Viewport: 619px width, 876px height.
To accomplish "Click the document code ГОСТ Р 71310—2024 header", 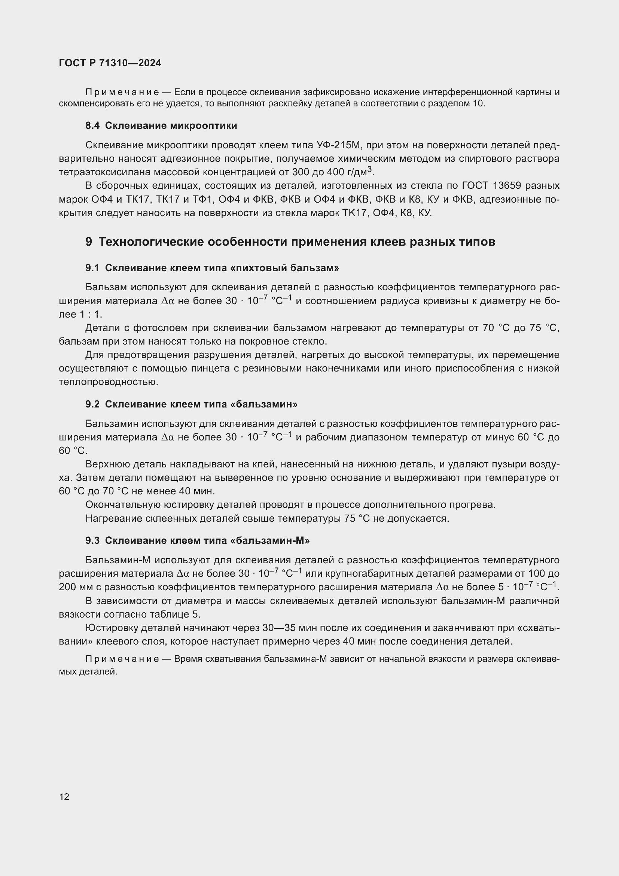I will [110, 63].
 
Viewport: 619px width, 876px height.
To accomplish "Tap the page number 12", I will [64, 797].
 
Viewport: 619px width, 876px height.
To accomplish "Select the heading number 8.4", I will [92, 125].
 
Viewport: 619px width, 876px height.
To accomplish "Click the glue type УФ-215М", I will [338, 145].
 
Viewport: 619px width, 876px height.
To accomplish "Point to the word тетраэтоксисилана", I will [104, 172].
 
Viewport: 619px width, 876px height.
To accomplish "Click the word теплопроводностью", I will [108, 382].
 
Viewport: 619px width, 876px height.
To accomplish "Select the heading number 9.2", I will [92, 404].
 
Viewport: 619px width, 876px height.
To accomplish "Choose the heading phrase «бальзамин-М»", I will [270, 540].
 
